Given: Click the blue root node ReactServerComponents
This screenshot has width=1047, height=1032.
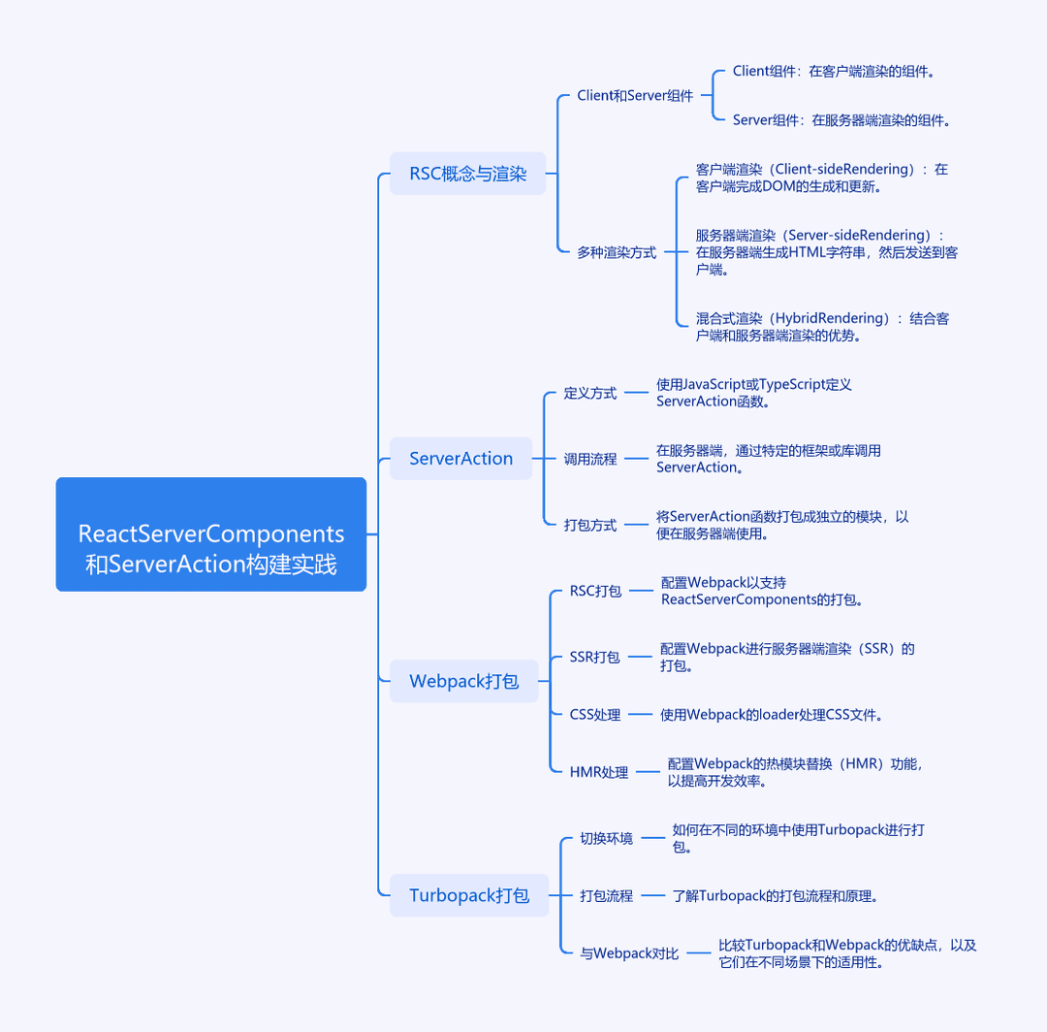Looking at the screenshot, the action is tap(211, 534).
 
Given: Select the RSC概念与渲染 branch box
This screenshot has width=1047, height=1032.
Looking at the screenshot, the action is tap(467, 174).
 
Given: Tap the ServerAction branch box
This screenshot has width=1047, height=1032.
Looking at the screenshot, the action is tap(460, 458).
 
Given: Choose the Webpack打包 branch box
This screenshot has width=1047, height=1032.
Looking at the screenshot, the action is tap(464, 681).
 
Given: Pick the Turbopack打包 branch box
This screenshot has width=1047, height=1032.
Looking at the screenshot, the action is tap(469, 895).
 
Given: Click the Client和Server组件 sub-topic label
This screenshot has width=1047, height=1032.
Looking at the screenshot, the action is tap(635, 95).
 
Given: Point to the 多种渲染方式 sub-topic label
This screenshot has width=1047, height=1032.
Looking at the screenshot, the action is tap(617, 252).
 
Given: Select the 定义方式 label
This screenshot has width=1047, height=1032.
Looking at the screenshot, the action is tap(589, 393).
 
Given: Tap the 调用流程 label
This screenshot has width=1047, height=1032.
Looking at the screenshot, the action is tap(589, 459).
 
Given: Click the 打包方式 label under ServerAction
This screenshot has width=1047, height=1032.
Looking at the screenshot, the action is tap(589, 525).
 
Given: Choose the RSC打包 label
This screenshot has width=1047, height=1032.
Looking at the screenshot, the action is tap(595, 591).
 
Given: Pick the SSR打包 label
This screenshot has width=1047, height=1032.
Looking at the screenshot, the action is tap(595, 657).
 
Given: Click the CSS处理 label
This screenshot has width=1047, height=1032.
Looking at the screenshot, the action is tap(595, 715).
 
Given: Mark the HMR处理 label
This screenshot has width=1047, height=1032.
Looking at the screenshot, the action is tap(599, 772).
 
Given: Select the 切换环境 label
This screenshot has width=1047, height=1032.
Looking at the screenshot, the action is tap(606, 838).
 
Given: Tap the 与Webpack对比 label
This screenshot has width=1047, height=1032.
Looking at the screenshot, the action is tap(629, 953).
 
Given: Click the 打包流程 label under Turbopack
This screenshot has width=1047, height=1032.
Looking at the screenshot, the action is tap(606, 896).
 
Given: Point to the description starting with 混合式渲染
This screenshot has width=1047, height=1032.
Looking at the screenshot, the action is tap(822, 327).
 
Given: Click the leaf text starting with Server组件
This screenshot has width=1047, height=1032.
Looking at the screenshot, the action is tap(841, 120).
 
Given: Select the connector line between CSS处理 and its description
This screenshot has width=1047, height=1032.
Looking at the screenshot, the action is tap(641, 715).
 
